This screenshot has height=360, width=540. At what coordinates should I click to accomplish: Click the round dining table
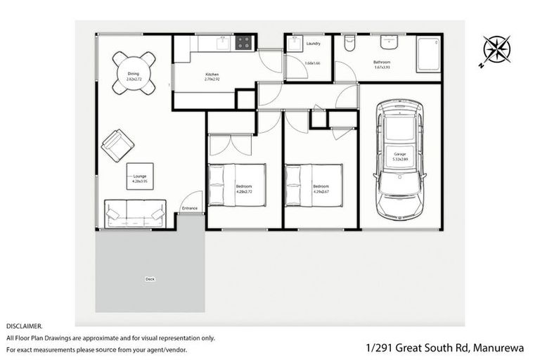coord(134,75)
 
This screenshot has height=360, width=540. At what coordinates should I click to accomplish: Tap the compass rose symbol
coord(496,49)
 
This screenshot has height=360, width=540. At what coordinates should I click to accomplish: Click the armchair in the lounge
coord(117,144)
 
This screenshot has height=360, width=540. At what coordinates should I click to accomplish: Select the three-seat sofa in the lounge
coord(135,214)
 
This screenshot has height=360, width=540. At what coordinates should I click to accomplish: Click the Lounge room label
coord(139,176)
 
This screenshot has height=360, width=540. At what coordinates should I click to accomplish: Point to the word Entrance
coord(190,208)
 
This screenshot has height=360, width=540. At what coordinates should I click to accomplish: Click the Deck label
coord(150,278)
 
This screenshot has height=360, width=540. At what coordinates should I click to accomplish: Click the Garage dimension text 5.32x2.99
coord(400,159)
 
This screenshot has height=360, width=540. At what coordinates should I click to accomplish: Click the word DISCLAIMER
coord(25,327)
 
